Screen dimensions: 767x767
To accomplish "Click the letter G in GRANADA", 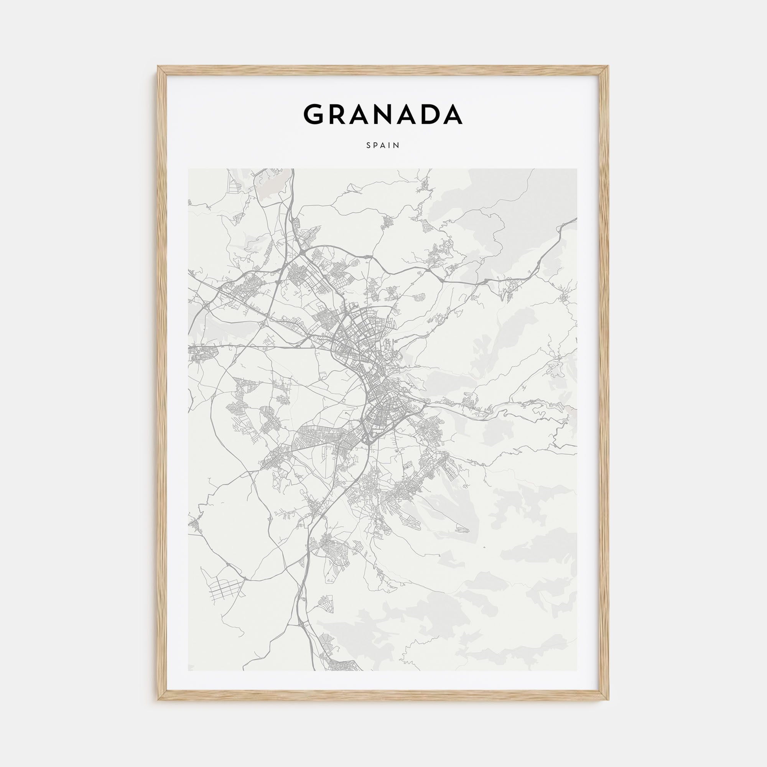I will coord(316,114).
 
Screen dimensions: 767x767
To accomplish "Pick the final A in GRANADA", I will coord(450,114).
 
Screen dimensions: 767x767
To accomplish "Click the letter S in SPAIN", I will coord(369,145).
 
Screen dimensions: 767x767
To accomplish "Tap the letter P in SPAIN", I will coord(376,145).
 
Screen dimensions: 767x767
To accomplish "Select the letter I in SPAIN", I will coord(391,145).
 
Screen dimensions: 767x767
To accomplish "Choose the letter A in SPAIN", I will coord(384,145).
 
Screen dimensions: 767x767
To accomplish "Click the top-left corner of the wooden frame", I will coord(158,66).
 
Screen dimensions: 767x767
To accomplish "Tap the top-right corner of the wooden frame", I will coord(609,66).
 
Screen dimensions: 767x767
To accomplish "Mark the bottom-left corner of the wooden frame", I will coord(158,700).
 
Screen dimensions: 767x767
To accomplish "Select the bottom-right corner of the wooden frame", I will coord(609,700).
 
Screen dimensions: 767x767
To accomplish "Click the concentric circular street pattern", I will coord(329,642).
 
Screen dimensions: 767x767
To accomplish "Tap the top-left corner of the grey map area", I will coord(189,169).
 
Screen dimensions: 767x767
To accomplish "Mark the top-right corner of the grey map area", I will coord(577,169).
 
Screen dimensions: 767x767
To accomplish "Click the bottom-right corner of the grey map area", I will coord(577,670).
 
